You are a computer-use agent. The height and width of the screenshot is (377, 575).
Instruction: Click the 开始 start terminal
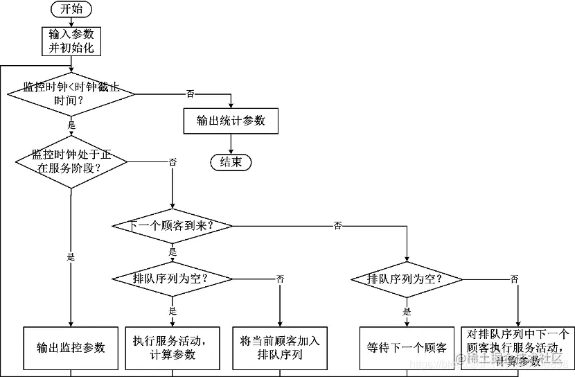coord(71,10)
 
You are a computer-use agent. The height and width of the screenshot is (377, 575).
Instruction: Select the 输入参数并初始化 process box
coord(71,42)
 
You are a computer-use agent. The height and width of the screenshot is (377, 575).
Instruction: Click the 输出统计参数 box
coord(231,121)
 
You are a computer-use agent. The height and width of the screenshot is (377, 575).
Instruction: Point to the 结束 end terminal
coord(231,162)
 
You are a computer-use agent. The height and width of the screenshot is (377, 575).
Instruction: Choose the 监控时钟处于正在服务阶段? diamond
coord(71,161)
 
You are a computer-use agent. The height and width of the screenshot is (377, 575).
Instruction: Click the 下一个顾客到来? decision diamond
coord(172,226)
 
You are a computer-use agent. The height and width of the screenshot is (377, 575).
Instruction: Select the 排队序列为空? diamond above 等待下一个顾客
coord(406,279)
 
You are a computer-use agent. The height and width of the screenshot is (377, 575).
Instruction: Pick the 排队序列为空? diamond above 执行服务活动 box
coord(172,279)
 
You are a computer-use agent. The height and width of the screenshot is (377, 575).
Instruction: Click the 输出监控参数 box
coord(71,347)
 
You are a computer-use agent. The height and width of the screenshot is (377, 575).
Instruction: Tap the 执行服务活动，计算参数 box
coord(172,347)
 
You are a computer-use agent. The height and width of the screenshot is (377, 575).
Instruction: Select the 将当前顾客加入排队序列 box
coord(280,347)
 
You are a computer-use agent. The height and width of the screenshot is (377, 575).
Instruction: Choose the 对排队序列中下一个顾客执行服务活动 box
coord(517,347)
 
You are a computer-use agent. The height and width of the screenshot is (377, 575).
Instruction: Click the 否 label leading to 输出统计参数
coord(190,94)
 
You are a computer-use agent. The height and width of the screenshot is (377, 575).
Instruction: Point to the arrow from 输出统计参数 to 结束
coord(231,143)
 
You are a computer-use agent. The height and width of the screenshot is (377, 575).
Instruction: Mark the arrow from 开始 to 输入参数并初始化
coord(71,23)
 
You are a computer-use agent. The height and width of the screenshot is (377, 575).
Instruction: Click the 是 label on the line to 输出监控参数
coord(71,256)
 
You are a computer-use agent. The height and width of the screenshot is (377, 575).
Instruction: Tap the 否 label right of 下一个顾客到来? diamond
coord(337,226)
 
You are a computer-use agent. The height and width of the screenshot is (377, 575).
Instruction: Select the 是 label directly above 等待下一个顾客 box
coord(407,312)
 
